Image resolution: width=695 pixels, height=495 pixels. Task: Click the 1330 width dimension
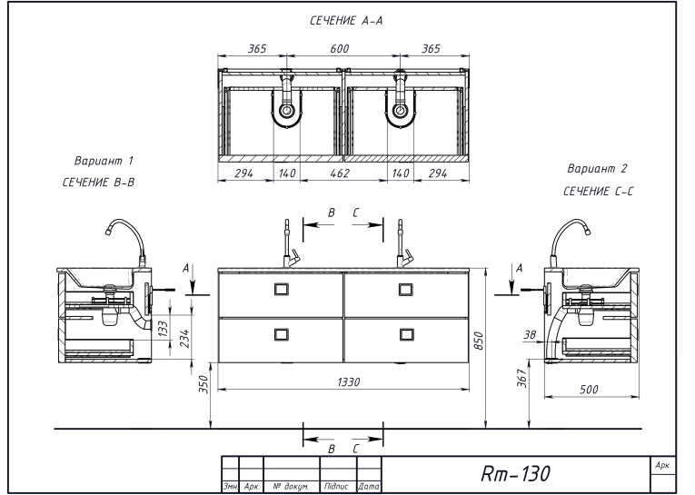tap(349, 381)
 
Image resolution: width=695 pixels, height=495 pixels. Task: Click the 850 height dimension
tap(479, 341)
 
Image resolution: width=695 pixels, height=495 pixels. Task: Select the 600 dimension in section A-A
tap(340, 48)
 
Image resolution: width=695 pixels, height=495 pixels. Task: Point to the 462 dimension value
tap(340, 173)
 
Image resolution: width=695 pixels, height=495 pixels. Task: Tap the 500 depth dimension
tap(589, 390)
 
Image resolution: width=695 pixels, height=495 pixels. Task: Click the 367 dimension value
tap(523, 379)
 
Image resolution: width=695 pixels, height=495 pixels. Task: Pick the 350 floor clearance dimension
tap(204, 384)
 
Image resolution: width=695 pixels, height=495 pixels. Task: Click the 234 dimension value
tap(184, 339)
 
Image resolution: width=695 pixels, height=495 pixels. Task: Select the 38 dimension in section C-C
tap(531, 334)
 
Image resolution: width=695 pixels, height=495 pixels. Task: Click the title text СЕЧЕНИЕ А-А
tap(346, 20)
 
